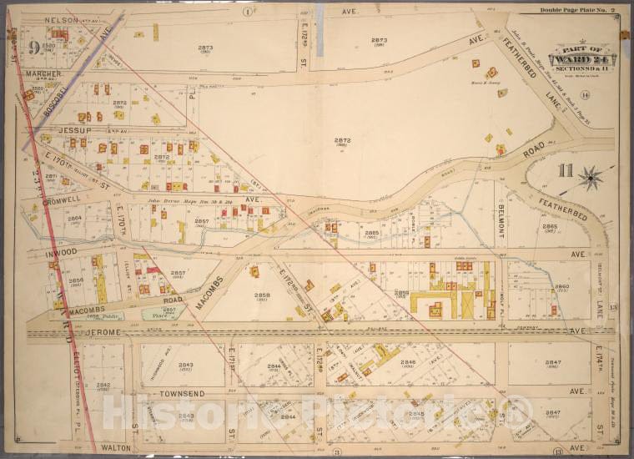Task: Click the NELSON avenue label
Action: [51, 18]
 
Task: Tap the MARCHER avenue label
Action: [45, 73]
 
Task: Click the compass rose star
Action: [591, 177]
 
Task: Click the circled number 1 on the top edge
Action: [247, 11]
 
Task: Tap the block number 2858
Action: [262, 295]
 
